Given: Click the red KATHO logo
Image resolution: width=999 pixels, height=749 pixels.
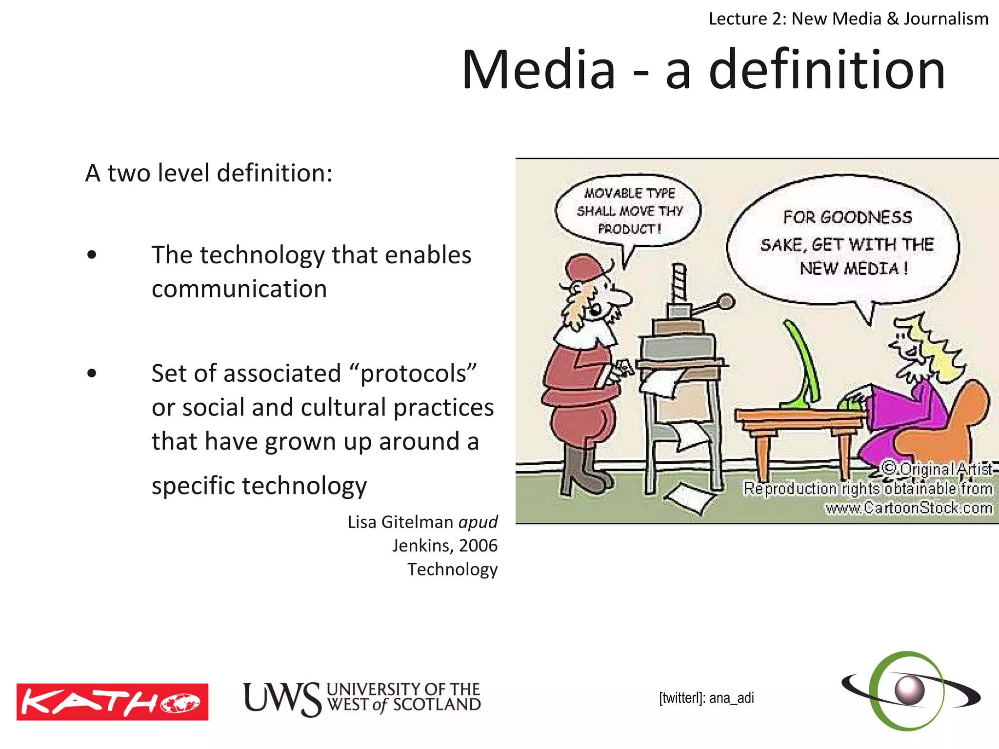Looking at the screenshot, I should (x=112, y=701).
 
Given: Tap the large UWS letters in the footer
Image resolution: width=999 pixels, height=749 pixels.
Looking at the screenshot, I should (x=281, y=698).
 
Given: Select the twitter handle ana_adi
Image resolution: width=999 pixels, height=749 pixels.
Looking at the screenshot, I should (x=731, y=698).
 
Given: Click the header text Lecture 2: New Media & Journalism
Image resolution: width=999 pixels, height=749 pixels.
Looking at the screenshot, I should (x=848, y=19).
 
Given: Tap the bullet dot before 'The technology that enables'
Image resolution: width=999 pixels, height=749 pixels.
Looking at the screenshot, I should (x=92, y=255).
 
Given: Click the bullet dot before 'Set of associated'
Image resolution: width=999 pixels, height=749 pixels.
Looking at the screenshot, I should (x=92, y=374).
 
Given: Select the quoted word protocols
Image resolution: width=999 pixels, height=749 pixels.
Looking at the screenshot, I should (x=413, y=374).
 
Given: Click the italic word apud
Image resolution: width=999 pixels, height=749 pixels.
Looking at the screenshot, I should (x=478, y=522).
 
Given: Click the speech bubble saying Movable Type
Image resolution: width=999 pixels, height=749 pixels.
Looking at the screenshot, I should (x=629, y=211).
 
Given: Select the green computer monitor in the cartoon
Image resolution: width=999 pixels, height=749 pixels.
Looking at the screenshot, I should (x=802, y=363).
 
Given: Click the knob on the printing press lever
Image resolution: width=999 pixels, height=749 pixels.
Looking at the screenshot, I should (x=727, y=301).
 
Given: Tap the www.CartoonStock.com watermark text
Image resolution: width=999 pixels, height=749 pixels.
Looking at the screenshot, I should (x=908, y=508).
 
